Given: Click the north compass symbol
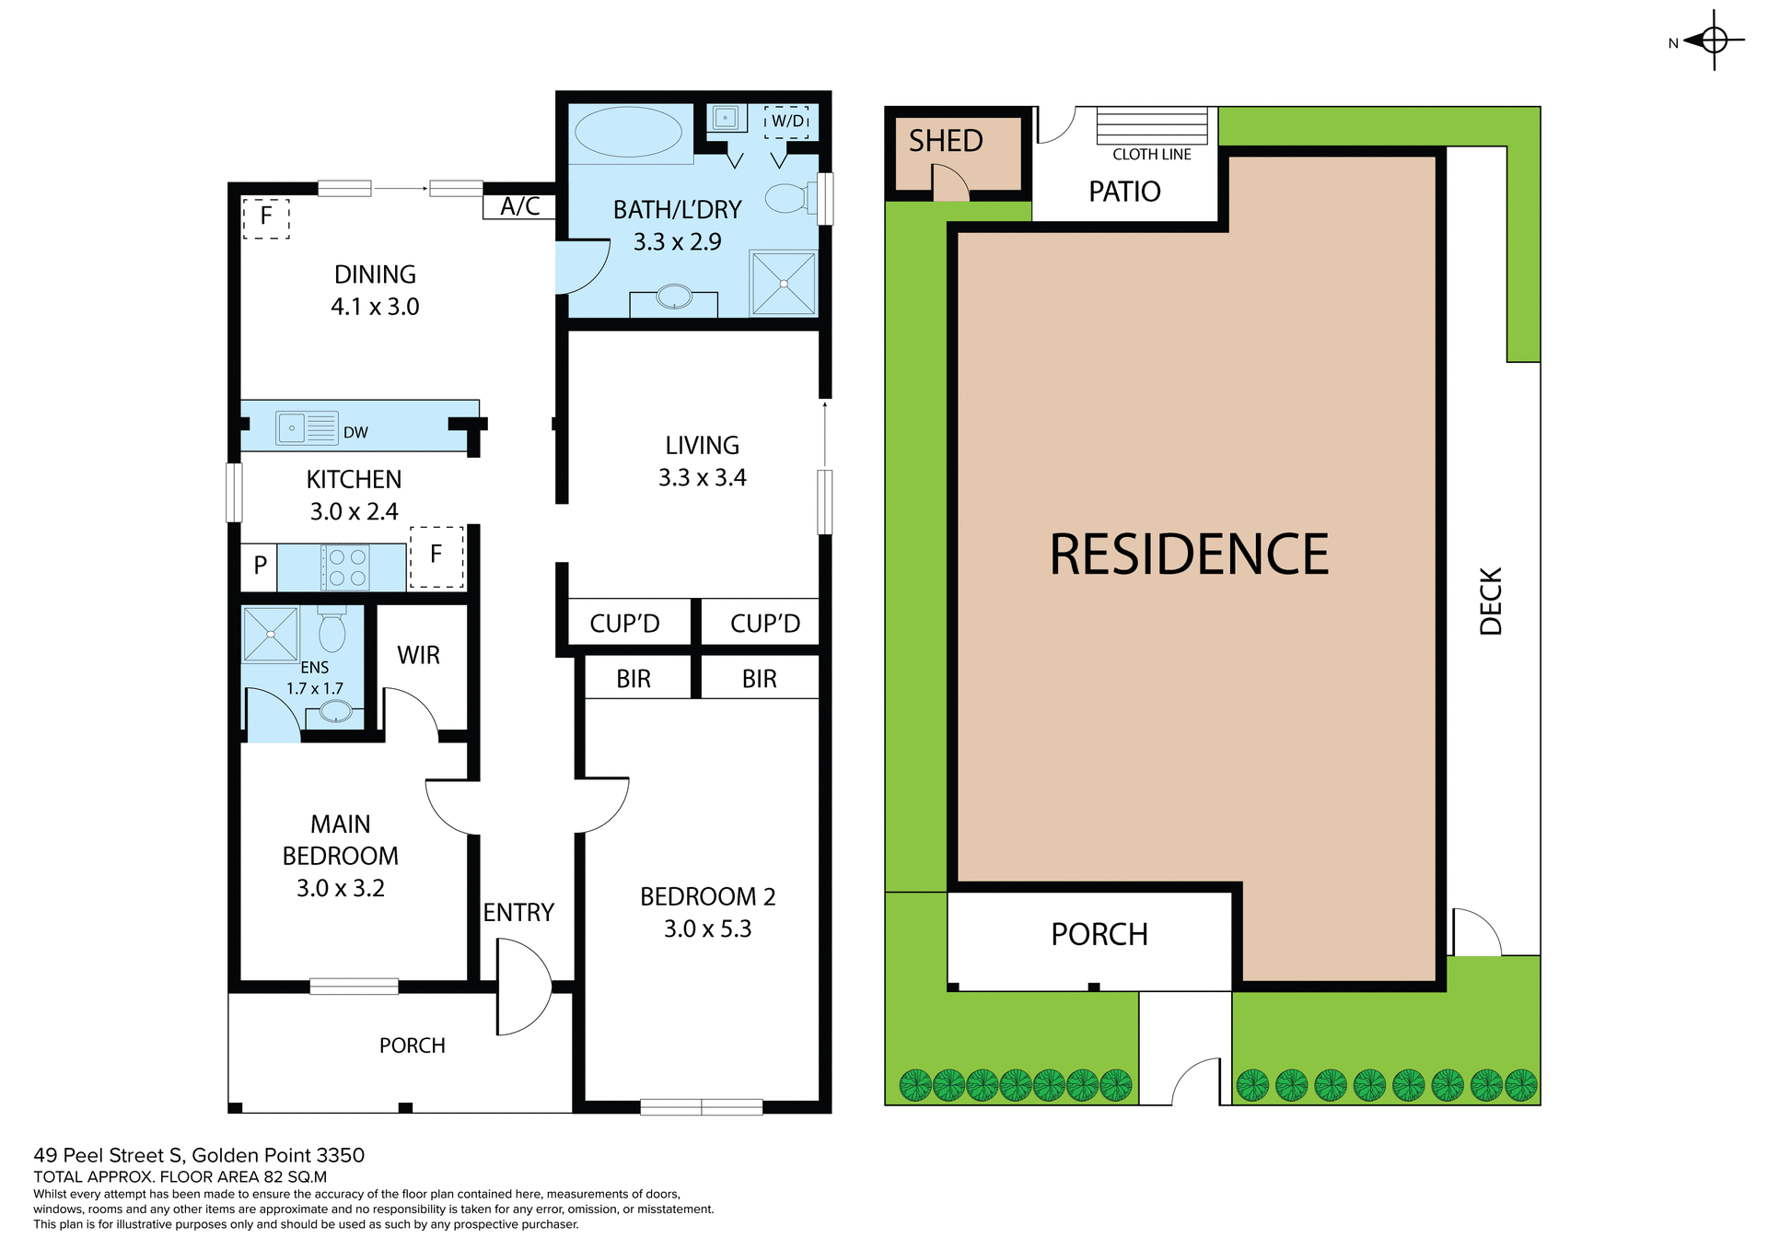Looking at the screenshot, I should (x=1713, y=41).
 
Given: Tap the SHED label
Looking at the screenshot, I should (x=946, y=141).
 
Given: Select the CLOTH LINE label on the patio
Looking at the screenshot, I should (x=1151, y=155).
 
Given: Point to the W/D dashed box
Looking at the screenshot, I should (x=787, y=122).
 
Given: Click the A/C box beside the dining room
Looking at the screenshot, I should (x=519, y=206).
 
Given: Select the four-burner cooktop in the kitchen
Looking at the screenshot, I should (x=346, y=567).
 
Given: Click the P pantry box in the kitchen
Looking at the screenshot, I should (x=260, y=566).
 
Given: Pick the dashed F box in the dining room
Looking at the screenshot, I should (x=266, y=218).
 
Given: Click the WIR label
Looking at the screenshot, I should (x=418, y=655).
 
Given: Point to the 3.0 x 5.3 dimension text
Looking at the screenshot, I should (x=707, y=929).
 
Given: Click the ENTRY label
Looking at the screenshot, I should (x=518, y=912).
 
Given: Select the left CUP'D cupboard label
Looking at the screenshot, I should (x=624, y=624).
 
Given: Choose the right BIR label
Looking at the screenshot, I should (x=759, y=679).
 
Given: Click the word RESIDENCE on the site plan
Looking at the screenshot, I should (x=1189, y=555).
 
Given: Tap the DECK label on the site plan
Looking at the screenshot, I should (x=1490, y=601).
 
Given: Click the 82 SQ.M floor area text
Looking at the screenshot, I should (x=295, y=1176).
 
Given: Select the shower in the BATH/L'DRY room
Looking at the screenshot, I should (x=784, y=283).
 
